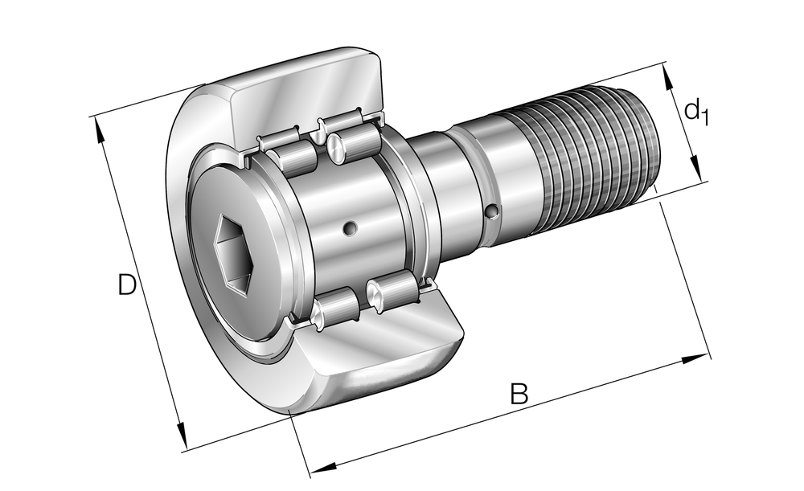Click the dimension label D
point(127,285)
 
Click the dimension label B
point(519,394)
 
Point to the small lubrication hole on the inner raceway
point(351,227)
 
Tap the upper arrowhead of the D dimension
point(98,131)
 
